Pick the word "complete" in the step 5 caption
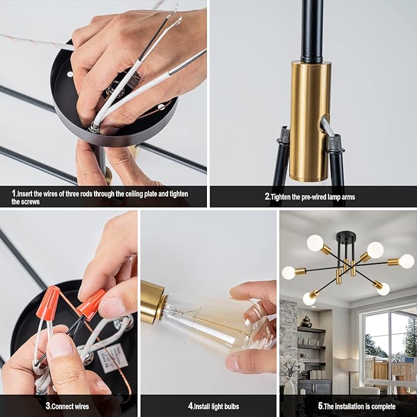388,406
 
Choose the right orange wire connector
90,305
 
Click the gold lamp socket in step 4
153,302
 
